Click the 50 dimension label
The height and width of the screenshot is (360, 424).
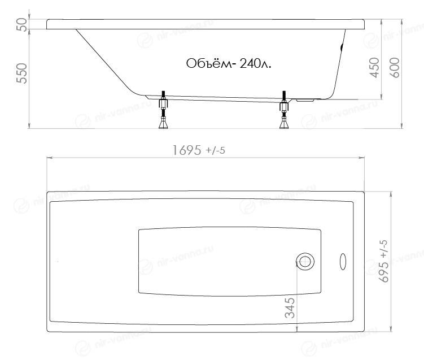pos(22,24)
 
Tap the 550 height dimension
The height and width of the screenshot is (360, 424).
pos(22,73)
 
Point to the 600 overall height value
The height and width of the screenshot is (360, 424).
pos(395,67)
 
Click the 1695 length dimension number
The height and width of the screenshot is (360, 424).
pos(187,150)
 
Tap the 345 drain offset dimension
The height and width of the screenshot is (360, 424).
pos(290,308)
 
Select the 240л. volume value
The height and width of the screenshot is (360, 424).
pos(255,64)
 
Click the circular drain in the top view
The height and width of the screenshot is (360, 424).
pos(305,262)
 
